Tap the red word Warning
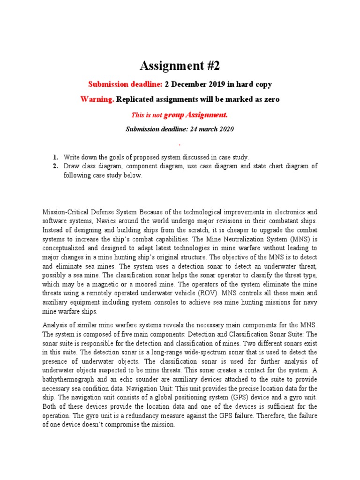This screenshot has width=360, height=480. pyautogui.click(x=97, y=99)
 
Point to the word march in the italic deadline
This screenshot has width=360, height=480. pyautogui.click(x=207, y=129)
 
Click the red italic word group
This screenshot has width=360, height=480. pyautogui.click(x=174, y=115)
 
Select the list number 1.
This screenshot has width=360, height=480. pyautogui.click(x=55, y=157)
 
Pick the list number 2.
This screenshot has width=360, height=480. pyautogui.click(x=55, y=166)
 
